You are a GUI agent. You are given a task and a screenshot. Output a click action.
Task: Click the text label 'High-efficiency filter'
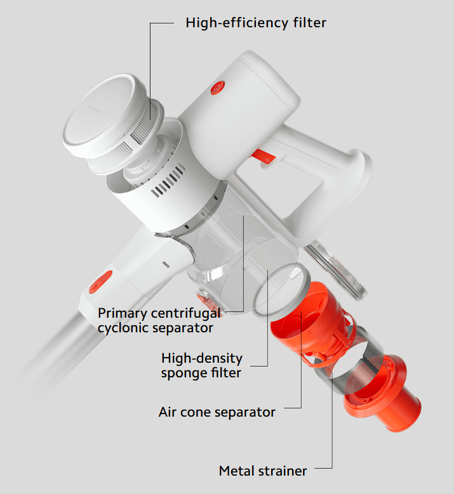pos(256,23)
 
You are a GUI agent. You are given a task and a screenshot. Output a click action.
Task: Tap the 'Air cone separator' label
pos(217,412)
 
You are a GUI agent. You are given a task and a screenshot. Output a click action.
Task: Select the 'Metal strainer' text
pos(263,471)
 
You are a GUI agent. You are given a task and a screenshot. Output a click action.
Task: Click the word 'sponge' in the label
pos(184,373)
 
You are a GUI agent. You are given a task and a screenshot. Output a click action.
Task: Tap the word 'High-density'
pos(202,358)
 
